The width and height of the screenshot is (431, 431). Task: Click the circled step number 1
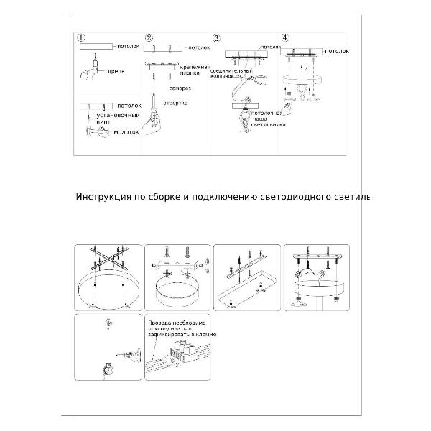tap(81, 38)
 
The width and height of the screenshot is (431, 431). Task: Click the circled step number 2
tap(149, 38)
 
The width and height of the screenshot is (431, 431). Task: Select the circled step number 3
tap(217, 38)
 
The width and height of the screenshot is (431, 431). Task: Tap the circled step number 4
tap(286, 37)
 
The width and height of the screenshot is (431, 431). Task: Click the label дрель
tap(117, 73)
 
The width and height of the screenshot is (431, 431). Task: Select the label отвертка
tap(176, 103)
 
